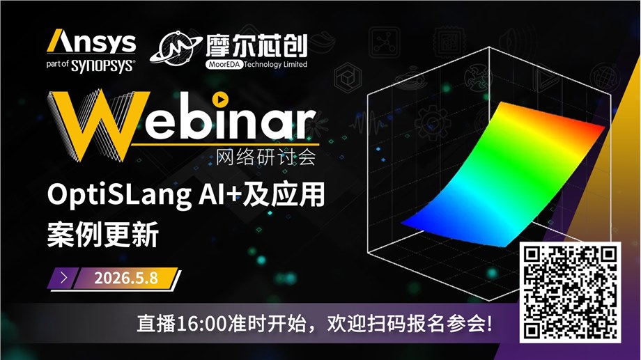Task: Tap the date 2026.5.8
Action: point(125,278)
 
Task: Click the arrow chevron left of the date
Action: point(64,278)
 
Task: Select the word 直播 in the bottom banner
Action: point(155,324)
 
